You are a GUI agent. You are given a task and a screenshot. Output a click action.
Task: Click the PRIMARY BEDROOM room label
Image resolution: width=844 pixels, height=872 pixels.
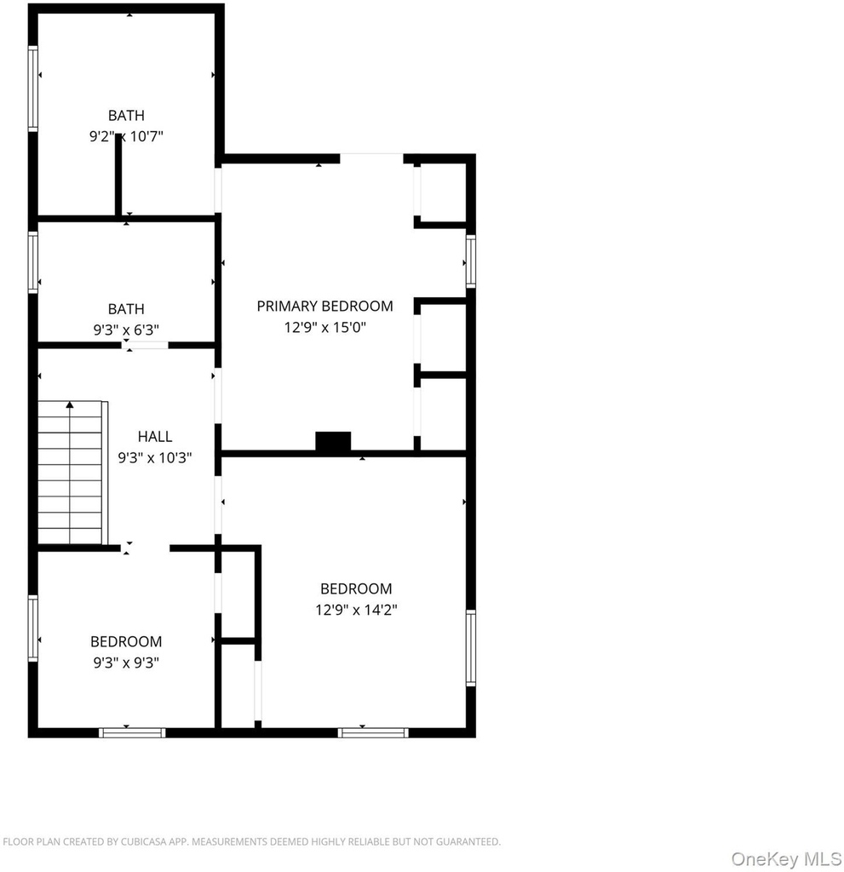(325, 306)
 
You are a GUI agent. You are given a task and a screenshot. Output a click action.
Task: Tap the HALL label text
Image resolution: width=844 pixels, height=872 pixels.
(155, 436)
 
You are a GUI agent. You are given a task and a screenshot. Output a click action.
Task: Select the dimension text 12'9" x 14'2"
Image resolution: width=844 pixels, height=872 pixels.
(356, 610)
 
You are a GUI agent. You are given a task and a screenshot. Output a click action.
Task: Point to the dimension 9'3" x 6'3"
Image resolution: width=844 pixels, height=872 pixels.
(126, 330)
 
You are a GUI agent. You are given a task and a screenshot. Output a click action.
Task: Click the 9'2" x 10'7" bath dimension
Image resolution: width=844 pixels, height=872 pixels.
(126, 136)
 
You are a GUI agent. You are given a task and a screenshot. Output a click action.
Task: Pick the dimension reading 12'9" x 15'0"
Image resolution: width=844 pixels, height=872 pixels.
(325, 327)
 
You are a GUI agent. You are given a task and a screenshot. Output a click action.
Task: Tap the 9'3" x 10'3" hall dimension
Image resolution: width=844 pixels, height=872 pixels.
(155, 457)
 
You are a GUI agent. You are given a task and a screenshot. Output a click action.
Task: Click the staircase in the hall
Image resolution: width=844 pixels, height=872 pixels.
(72, 472)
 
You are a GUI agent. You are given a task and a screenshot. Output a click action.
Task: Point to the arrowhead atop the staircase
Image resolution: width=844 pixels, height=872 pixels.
(70, 404)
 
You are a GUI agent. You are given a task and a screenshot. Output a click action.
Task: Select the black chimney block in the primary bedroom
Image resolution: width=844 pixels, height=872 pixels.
(333, 441)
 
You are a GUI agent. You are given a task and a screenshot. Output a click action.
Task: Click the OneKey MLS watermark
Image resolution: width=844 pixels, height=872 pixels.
(786, 858)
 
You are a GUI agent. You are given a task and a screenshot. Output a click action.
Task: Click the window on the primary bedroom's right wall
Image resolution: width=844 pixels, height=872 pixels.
(471, 261)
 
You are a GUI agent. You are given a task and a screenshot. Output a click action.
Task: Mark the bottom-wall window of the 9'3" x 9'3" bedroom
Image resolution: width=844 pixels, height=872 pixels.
(132, 733)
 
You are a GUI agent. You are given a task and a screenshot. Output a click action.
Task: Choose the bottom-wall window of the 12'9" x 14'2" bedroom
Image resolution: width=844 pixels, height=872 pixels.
(373, 733)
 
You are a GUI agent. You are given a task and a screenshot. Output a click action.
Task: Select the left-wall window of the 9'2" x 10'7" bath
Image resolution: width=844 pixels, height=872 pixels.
(33, 89)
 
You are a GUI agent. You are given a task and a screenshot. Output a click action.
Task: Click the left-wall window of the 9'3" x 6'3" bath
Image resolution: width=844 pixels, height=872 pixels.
(33, 262)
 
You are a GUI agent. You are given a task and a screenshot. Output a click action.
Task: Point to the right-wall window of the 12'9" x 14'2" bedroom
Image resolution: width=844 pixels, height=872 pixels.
(471, 647)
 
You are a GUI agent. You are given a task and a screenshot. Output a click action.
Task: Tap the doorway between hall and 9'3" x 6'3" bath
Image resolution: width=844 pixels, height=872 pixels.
(145, 346)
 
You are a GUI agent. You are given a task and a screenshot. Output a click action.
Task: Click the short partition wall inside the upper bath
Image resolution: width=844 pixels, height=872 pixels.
(118, 175)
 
